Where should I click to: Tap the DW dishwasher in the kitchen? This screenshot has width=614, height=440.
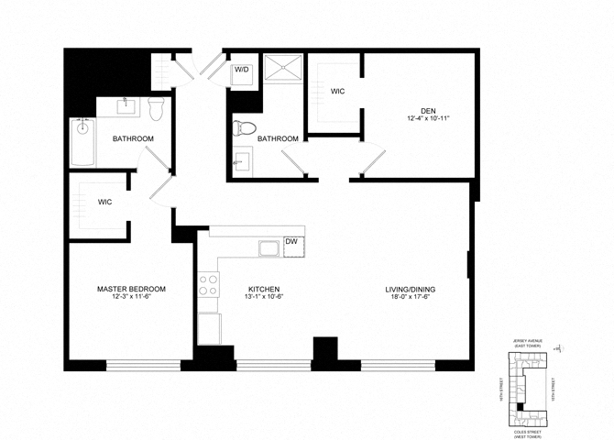[x=291, y=245]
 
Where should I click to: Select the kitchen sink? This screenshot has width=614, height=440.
[x=269, y=247]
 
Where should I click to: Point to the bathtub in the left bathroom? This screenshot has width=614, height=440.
[x=83, y=141]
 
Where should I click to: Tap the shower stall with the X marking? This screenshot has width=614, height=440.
[x=283, y=70]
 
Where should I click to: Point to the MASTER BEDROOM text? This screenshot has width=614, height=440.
[x=131, y=289]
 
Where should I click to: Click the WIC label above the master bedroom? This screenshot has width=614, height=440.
[x=104, y=202]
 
